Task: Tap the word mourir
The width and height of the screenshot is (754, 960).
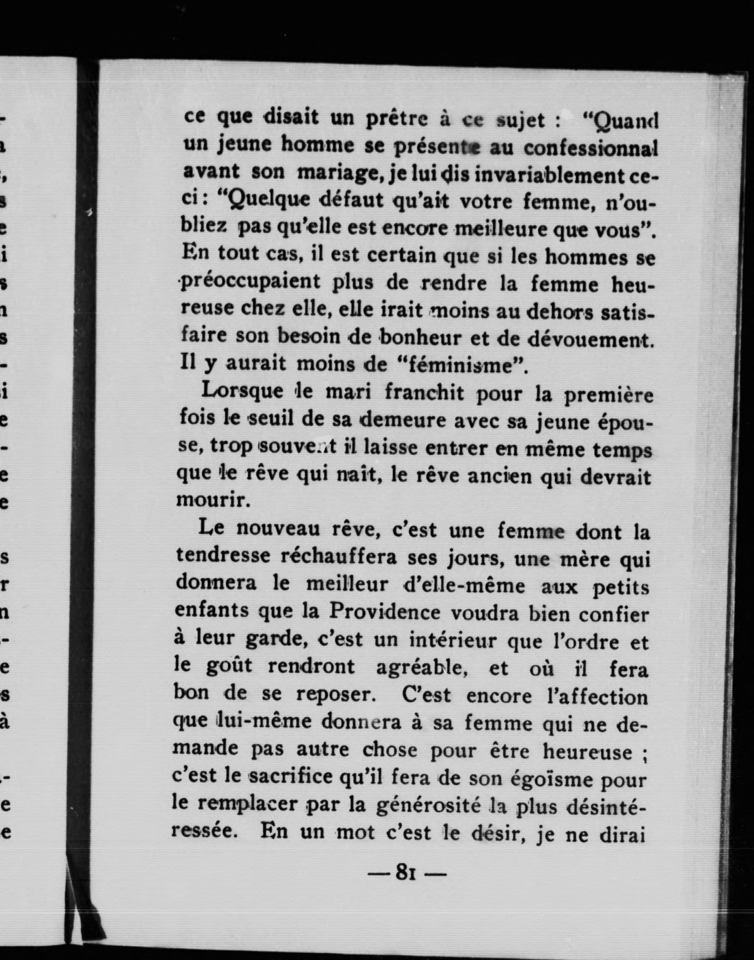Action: pos(209,500)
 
